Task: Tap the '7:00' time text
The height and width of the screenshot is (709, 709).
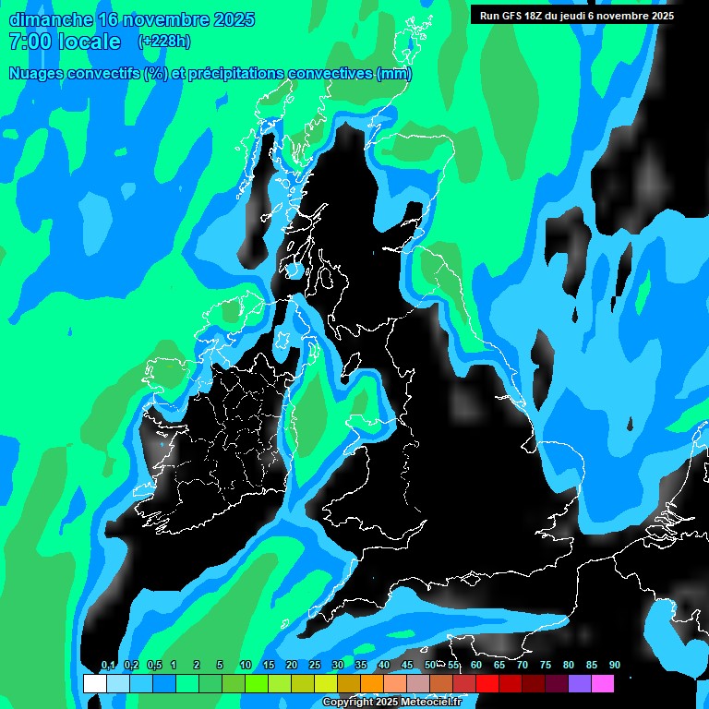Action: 26,42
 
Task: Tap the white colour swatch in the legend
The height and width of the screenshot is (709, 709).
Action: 95,684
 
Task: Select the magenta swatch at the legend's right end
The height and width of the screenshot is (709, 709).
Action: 603,684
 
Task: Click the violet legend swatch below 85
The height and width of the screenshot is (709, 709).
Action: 580,684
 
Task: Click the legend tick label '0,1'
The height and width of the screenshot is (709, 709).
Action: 108,666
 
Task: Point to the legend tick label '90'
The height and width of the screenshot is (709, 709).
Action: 615,666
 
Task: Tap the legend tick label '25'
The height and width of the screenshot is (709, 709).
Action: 315,666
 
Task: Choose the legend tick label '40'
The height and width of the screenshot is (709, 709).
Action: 384,666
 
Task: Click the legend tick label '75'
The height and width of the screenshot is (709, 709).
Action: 546,666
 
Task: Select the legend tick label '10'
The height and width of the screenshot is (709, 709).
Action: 246,666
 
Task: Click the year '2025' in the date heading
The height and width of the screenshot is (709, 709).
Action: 234,19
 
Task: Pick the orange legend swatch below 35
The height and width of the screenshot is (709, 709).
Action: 372,684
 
